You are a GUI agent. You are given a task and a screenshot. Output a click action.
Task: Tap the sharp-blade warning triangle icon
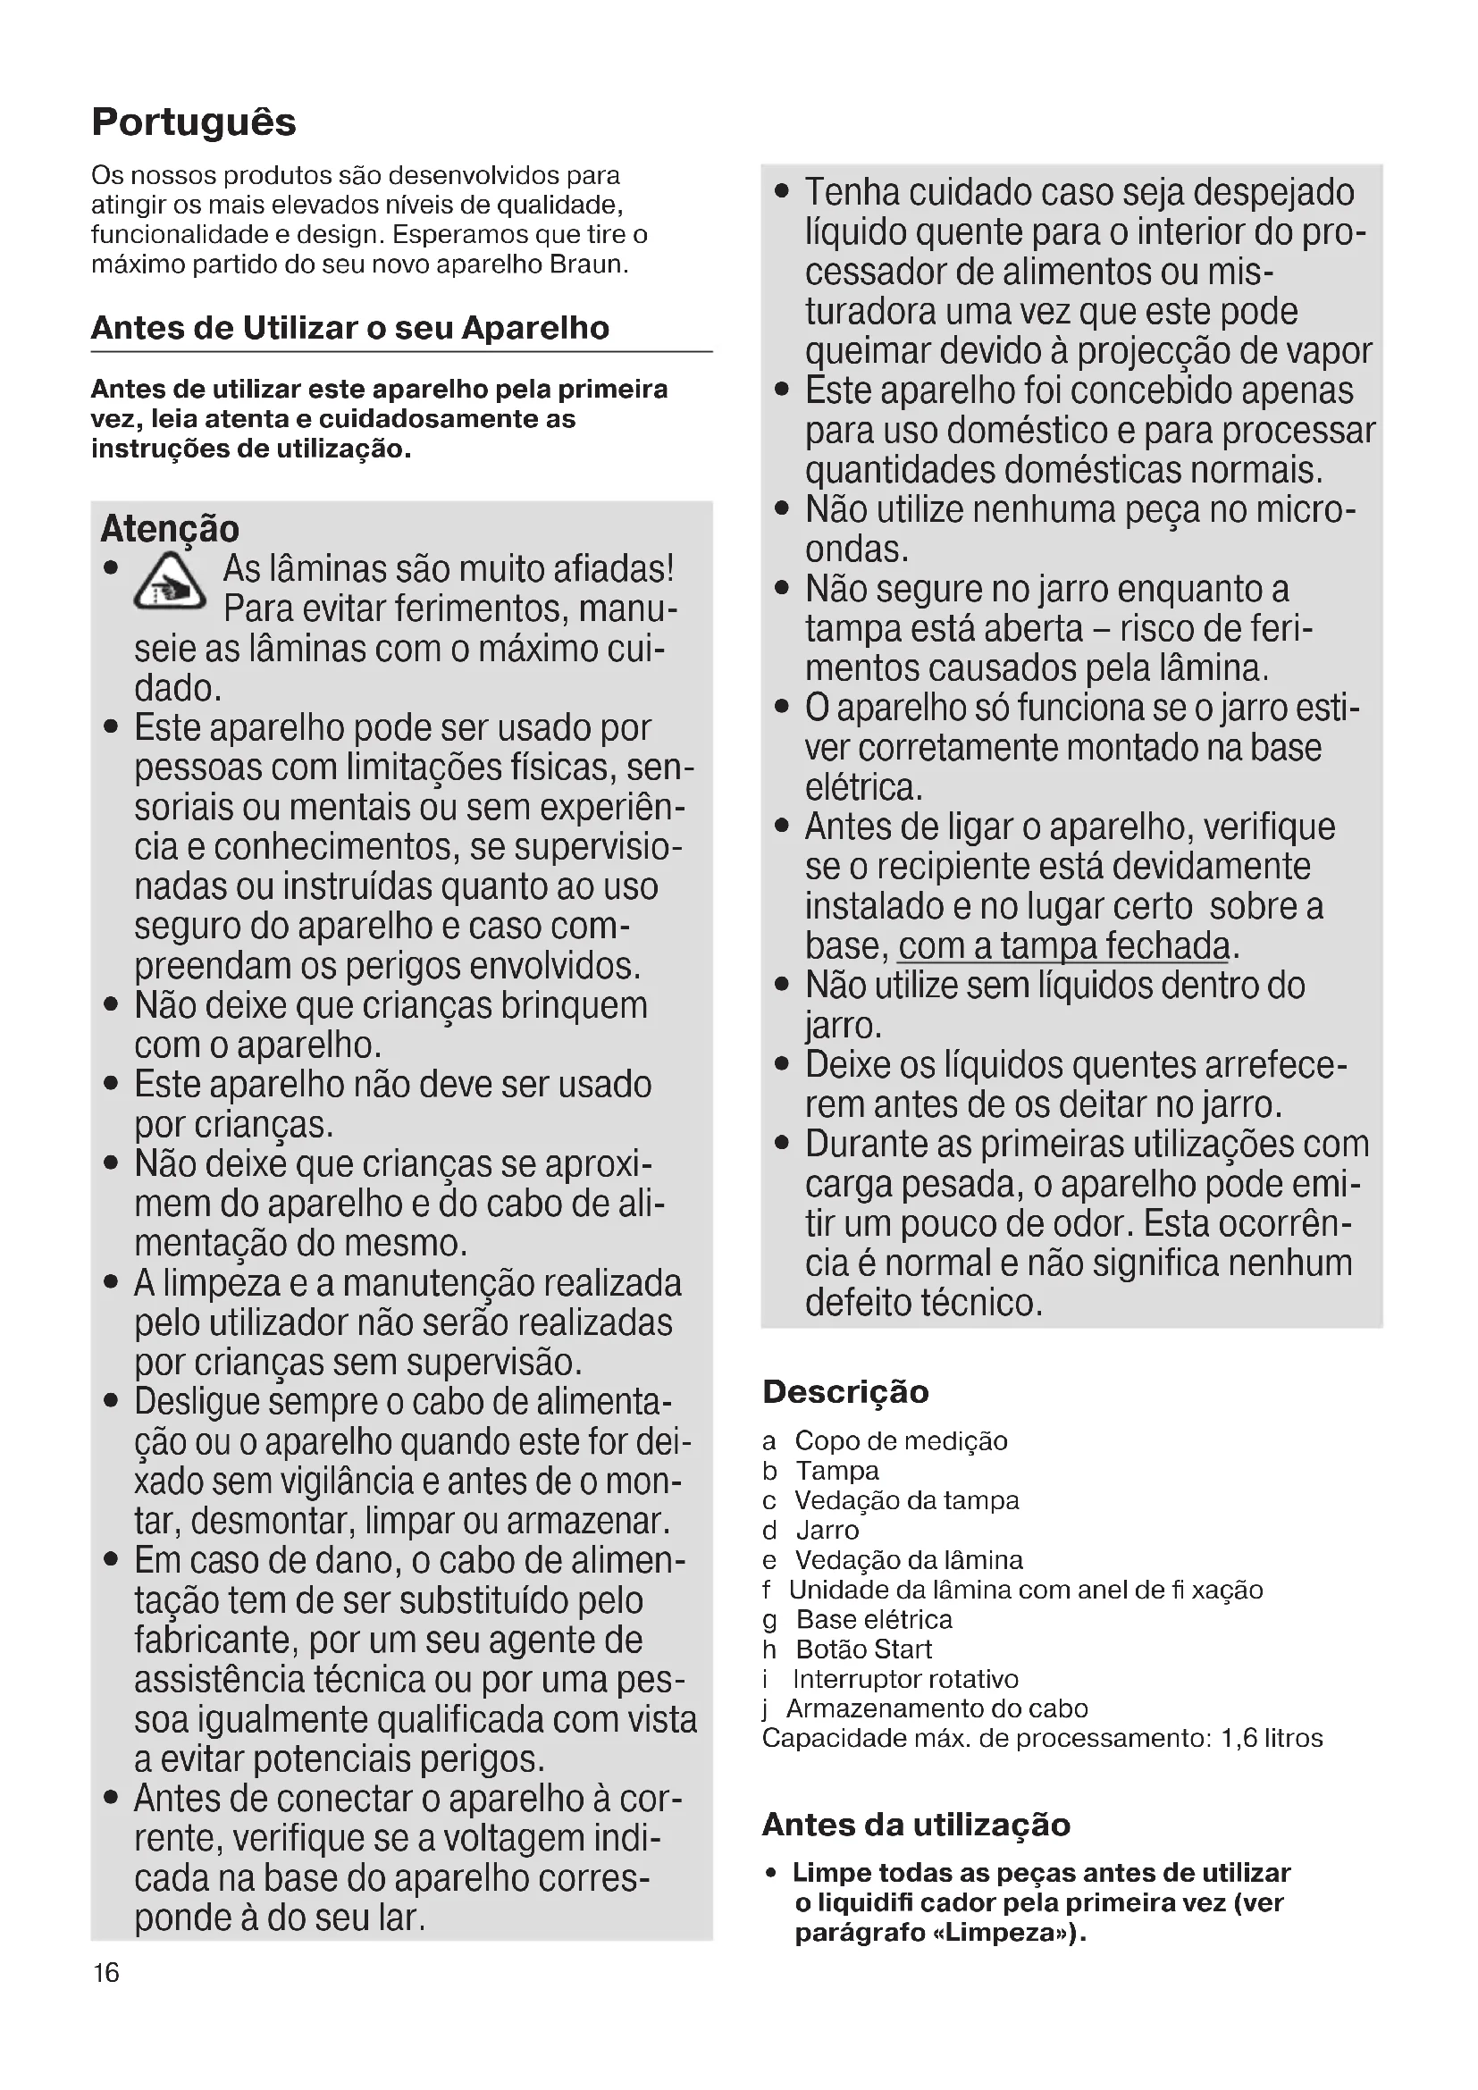point(170,583)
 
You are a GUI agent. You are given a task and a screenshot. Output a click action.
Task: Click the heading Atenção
point(169,529)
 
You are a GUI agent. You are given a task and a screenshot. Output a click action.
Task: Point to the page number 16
point(106,1973)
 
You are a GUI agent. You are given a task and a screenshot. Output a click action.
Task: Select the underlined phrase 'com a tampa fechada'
point(1064,945)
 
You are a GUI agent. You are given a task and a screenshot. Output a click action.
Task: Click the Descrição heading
point(845,1391)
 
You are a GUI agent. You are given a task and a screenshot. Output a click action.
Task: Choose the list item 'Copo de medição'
point(900,1441)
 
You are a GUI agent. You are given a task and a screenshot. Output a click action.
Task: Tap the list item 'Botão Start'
point(863,1649)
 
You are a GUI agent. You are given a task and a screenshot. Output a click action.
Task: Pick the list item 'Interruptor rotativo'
point(904,1679)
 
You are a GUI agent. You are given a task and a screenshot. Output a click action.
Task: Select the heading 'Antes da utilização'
point(916,1825)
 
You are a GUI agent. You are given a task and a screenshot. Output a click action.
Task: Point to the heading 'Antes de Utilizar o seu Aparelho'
point(350,328)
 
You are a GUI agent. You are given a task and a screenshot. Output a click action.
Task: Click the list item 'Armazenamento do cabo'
point(936,1708)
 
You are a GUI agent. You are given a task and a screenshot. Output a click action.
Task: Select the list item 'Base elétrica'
point(873,1619)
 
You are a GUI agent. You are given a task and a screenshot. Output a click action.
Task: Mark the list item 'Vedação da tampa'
point(905,1500)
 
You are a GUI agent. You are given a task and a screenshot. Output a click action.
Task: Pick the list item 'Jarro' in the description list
point(827,1530)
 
